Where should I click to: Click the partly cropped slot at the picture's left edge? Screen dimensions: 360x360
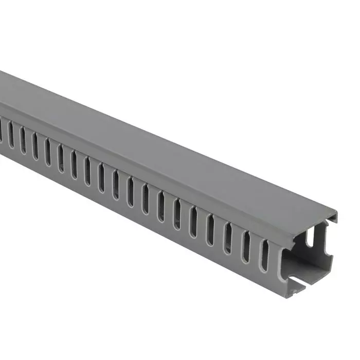tap(2, 127)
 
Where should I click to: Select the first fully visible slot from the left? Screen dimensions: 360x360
tap(11, 132)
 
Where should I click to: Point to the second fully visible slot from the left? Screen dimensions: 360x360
tap(23, 137)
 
